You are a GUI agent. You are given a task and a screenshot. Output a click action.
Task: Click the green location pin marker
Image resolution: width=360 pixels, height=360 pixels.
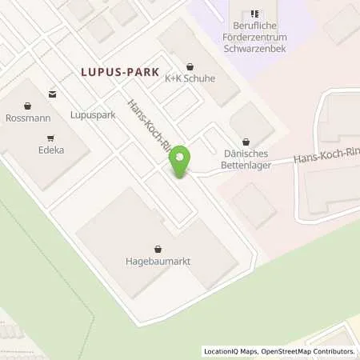[182, 160]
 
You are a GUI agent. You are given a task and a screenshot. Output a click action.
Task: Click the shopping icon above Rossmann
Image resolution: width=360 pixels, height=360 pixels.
[29, 106]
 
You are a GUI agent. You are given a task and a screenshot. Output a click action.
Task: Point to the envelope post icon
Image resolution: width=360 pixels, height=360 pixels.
[53, 94]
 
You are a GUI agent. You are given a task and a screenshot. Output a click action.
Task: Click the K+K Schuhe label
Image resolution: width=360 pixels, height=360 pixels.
[190, 79]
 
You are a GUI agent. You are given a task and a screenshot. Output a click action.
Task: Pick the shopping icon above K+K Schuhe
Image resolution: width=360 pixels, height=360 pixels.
[190, 66]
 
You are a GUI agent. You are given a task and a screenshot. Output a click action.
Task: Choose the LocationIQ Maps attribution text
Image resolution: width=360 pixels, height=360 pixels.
[231, 351]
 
